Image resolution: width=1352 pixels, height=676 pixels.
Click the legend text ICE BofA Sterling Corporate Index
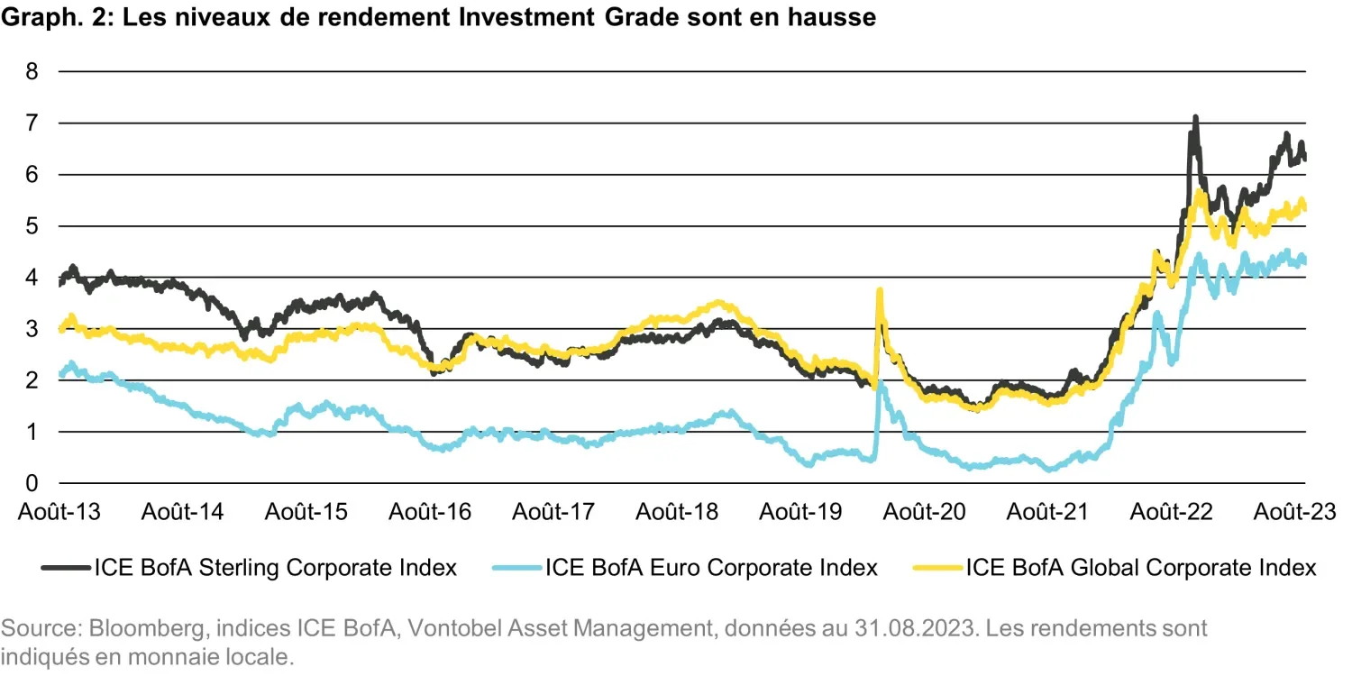275,568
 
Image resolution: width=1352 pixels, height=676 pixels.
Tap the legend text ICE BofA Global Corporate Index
1141,568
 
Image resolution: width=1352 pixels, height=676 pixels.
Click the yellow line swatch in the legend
937,568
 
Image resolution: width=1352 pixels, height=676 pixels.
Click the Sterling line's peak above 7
1195,118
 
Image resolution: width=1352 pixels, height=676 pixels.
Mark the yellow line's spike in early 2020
879,291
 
